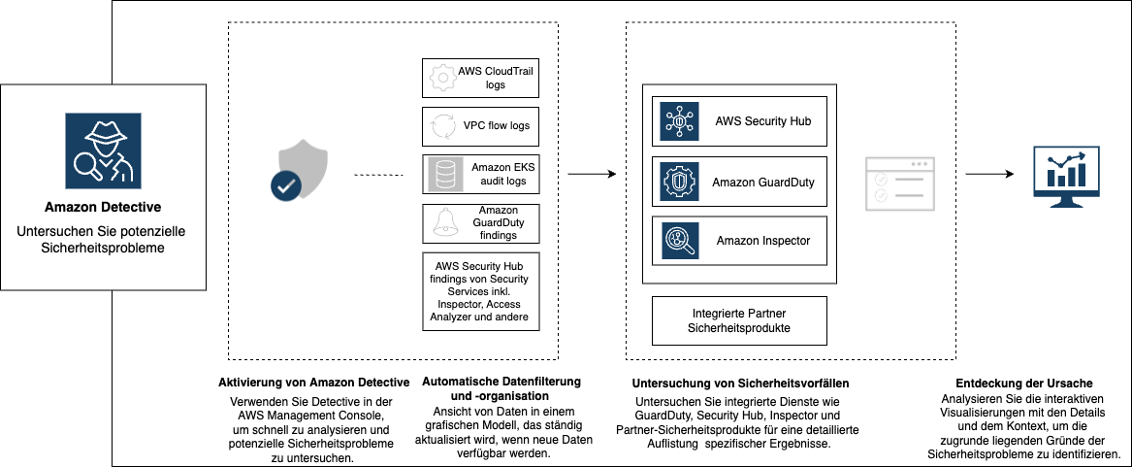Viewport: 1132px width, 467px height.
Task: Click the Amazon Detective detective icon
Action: pyautogui.click(x=103, y=150)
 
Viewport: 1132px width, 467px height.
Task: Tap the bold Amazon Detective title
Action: pyautogui.click(x=103, y=207)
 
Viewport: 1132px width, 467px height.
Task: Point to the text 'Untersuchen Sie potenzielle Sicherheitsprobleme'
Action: pyautogui.click(x=103, y=240)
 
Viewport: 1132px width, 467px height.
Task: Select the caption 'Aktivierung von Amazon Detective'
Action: pyautogui.click(x=313, y=383)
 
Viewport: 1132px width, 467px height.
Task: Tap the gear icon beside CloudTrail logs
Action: pyautogui.click(x=442, y=78)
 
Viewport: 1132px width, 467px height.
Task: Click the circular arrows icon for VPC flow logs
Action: pyautogui.click(x=442, y=126)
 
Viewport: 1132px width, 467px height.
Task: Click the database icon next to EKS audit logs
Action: pyautogui.click(x=445, y=174)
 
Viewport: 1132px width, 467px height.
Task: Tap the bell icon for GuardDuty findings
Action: pyautogui.click(x=444, y=223)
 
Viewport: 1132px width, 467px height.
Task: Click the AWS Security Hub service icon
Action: pyautogui.click(x=680, y=121)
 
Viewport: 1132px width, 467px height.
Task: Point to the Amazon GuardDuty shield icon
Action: pyautogui.click(x=680, y=182)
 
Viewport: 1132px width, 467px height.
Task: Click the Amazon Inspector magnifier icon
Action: pyautogui.click(x=680, y=241)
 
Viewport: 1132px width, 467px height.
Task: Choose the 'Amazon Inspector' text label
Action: pyautogui.click(x=762, y=241)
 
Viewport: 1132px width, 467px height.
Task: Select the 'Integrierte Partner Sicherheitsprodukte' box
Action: pyautogui.click(x=739, y=321)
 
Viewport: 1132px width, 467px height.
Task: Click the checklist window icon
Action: pyautogui.click(x=899, y=184)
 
